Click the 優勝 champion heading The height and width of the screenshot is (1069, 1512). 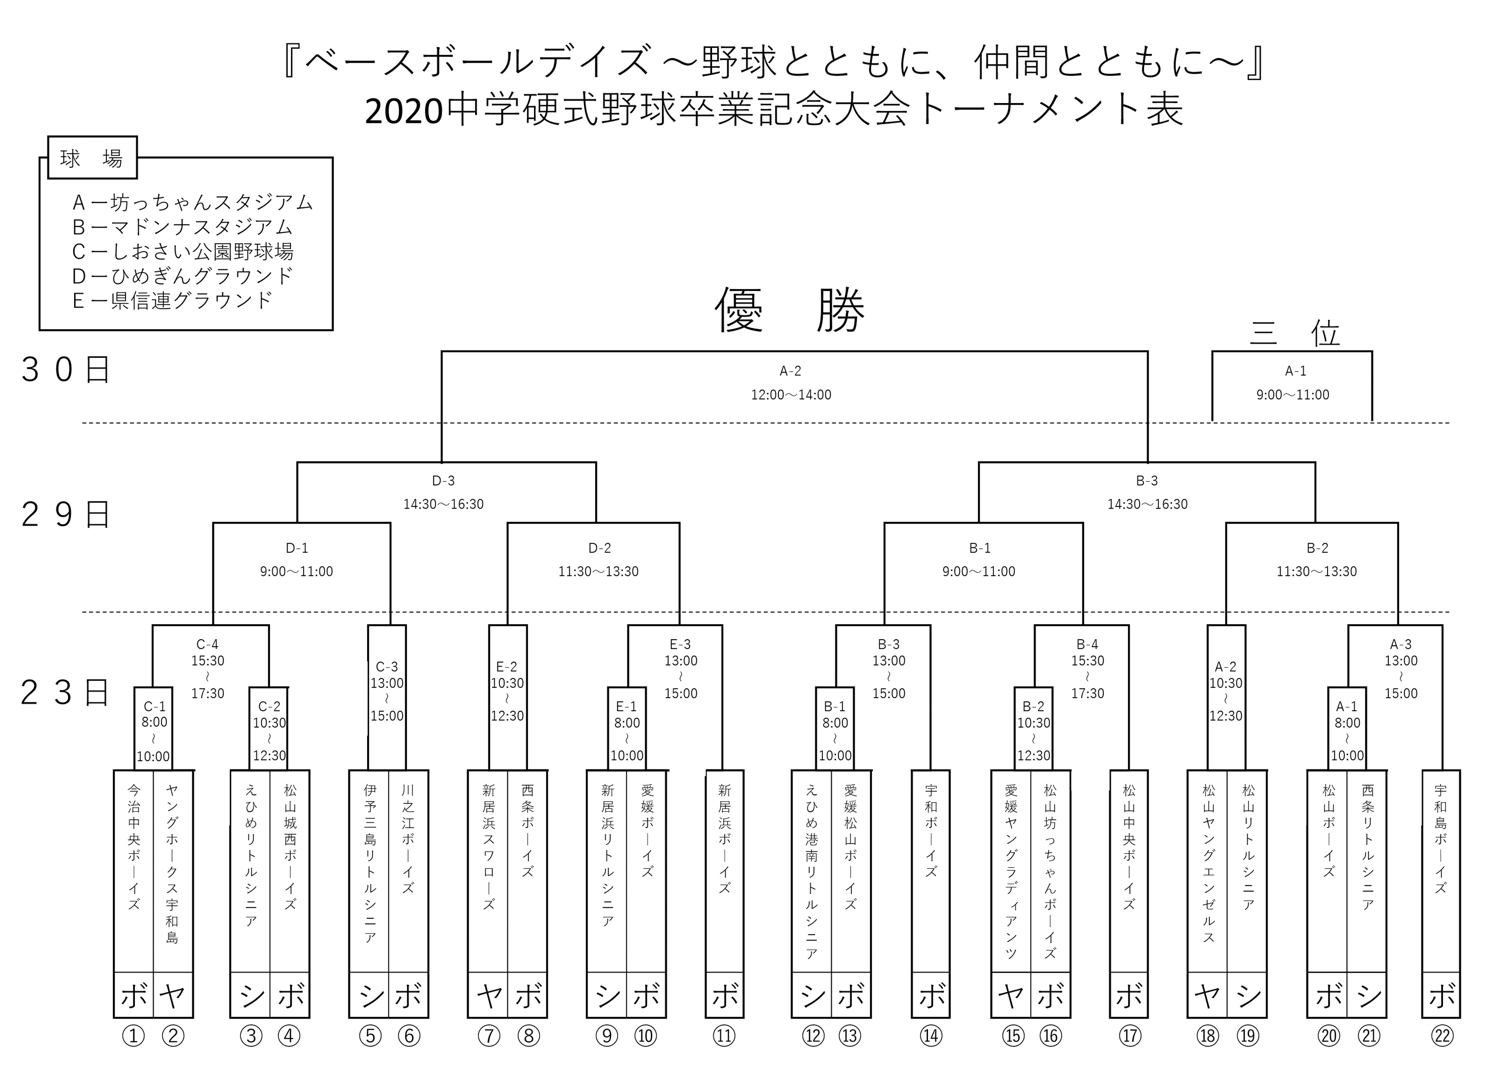(x=790, y=309)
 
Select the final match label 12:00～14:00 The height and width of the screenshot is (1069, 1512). (x=791, y=394)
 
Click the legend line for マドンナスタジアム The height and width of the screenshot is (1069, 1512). (x=182, y=227)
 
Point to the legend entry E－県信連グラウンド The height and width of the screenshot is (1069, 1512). (x=172, y=300)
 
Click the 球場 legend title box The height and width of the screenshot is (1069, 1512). (x=92, y=158)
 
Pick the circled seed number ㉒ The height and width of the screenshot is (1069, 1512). (x=1442, y=1036)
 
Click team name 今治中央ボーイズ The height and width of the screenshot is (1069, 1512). (x=134, y=847)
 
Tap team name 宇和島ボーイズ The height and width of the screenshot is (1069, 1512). (x=1441, y=838)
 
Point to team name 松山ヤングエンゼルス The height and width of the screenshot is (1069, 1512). (x=1208, y=863)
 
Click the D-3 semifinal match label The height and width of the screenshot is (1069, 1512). (x=443, y=481)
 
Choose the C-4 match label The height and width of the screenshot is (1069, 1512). (x=207, y=644)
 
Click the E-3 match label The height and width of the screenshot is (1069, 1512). (x=680, y=644)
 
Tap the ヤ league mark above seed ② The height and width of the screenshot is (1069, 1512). (x=172, y=995)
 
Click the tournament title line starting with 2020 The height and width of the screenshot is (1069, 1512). (x=775, y=110)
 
